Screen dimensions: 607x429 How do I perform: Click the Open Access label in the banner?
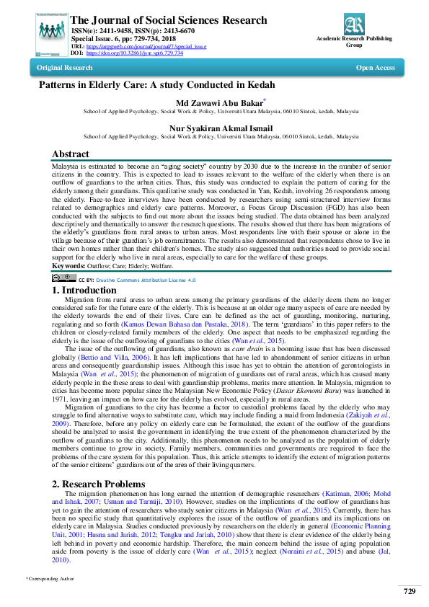(375, 68)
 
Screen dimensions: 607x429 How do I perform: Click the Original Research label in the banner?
(65, 68)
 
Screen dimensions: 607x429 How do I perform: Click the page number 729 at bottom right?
(409, 591)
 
